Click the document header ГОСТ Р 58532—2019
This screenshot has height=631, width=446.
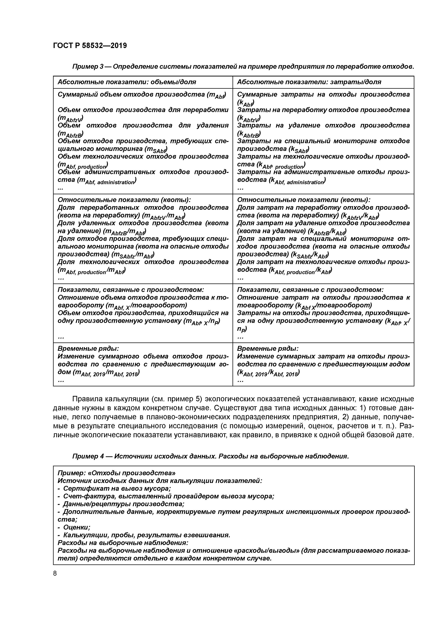tap(90, 45)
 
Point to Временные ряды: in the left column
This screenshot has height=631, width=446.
tap(88, 348)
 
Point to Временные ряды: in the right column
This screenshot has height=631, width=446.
tap(268, 348)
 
